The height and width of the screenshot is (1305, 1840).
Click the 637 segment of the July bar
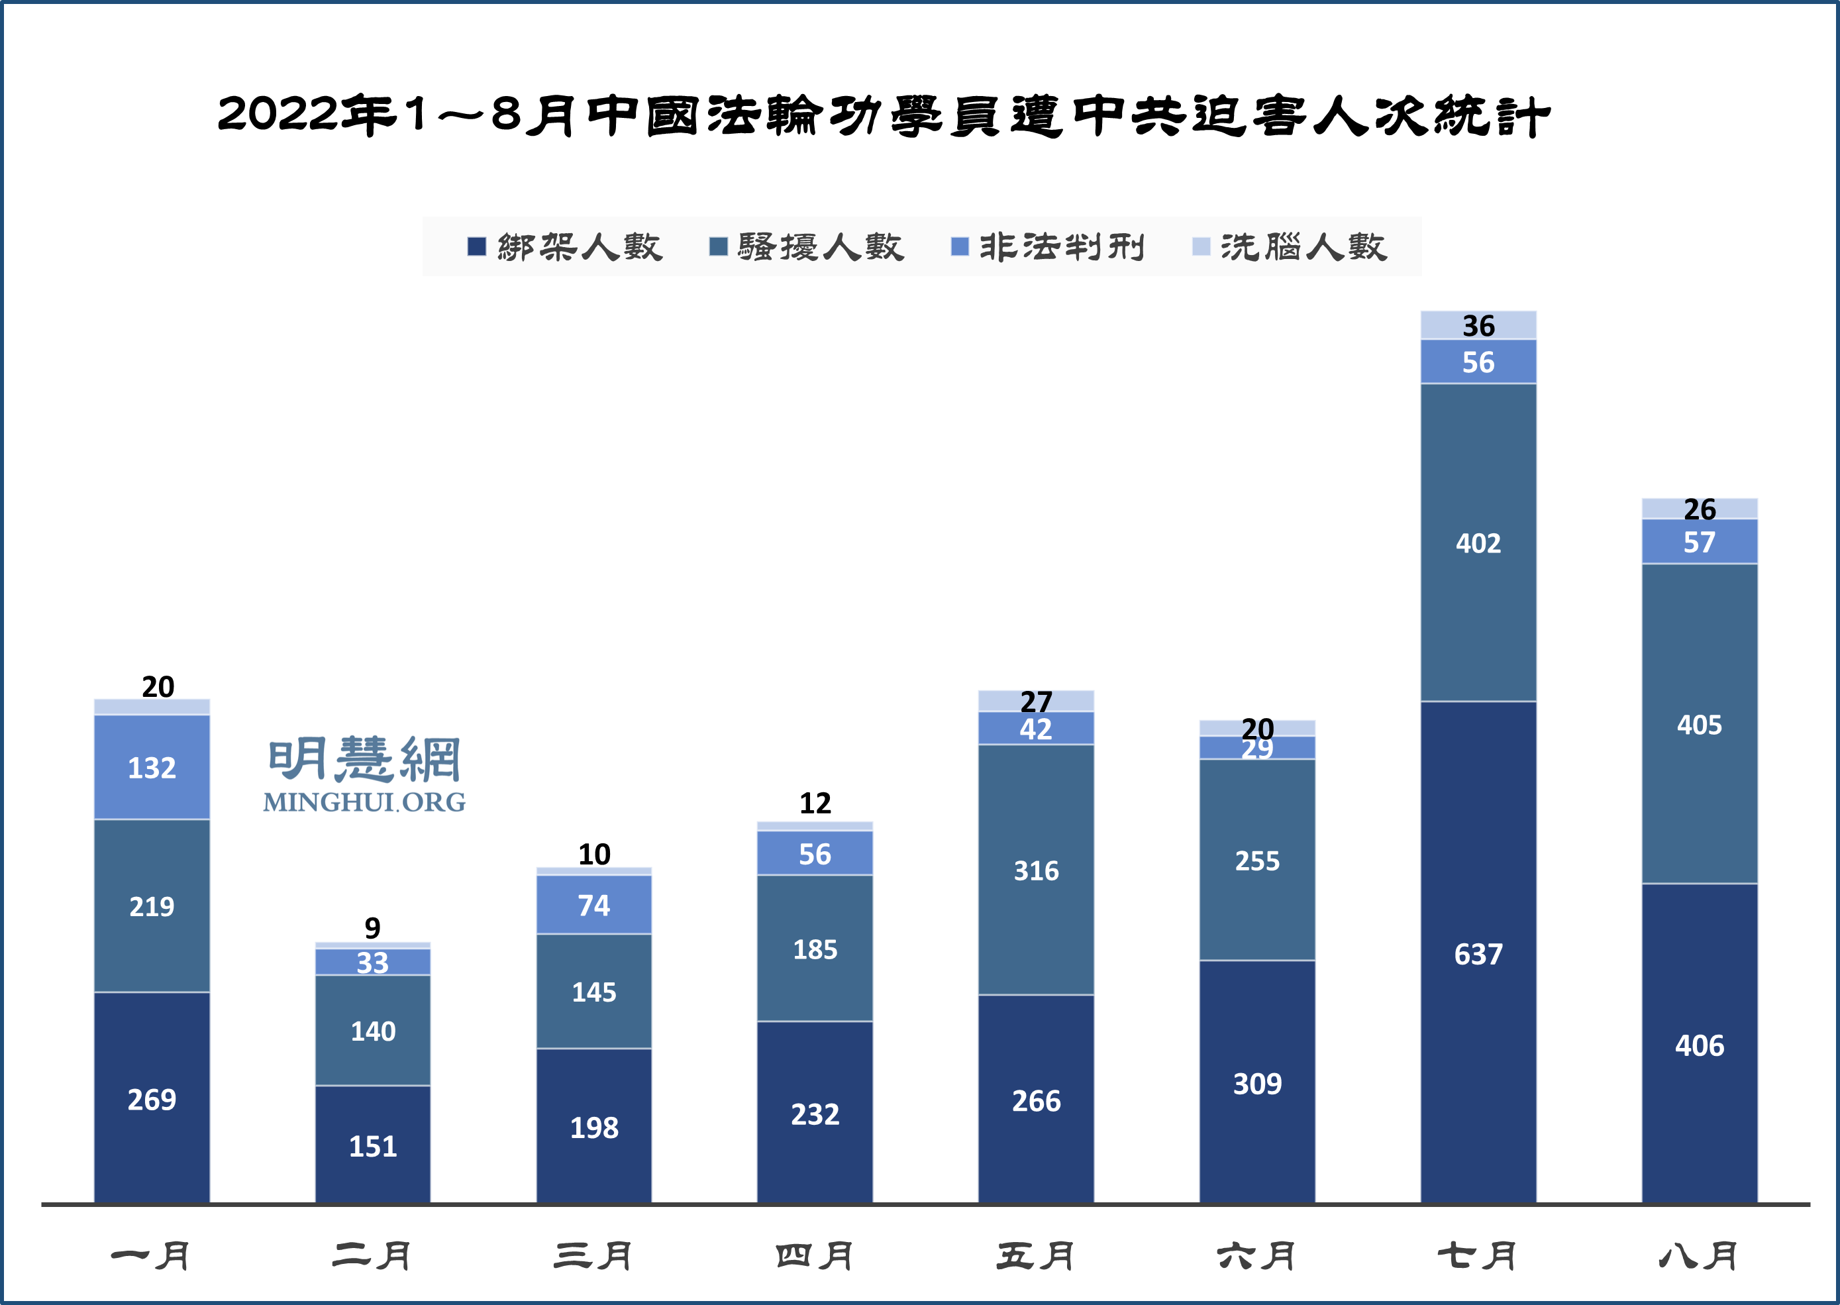coord(1478,954)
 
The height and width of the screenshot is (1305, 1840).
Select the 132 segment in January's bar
coord(152,767)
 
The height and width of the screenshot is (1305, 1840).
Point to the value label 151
coord(373,1146)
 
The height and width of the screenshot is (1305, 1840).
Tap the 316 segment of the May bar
coord(1036,870)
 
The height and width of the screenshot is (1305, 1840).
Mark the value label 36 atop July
coord(1478,326)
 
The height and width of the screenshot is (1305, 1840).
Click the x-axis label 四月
coord(815,1256)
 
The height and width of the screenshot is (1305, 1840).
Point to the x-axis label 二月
coord(373,1256)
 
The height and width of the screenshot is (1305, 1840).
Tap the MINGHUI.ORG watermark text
coord(364,802)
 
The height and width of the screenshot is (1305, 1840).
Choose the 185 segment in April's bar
coord(815,949)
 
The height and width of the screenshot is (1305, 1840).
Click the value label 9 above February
coord(372,928)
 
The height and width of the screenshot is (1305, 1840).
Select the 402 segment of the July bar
coord(1478,543)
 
